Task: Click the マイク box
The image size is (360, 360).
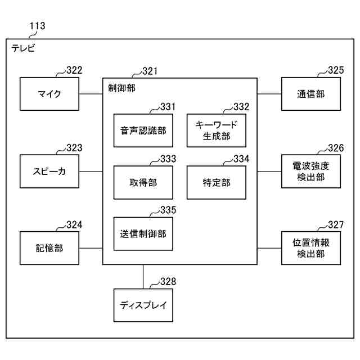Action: click(49, 94)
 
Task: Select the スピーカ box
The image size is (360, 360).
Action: click(49, 171)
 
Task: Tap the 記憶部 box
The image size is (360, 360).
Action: click(49, 247)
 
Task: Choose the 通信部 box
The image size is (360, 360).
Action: click(310, 94)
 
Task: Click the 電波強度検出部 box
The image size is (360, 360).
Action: click(310, 171)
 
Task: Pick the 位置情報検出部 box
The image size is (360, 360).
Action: click(310, 247)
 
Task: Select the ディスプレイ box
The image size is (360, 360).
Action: click(143, 305)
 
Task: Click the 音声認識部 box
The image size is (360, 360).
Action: click(143, 131)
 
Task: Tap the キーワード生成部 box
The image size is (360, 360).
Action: click(217, 131)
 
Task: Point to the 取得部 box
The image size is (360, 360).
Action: click(143, 182)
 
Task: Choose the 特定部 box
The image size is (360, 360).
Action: click(217, 182)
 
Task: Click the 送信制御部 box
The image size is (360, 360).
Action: click(143, 233)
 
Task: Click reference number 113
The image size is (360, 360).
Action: click(37, 26)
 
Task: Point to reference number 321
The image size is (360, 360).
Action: click(150, 71)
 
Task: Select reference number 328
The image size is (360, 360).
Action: click(168, 282)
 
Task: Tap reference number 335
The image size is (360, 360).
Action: click(168, 210)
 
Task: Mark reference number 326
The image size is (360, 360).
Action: click(335, 148)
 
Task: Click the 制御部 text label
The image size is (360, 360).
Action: click(121, 88)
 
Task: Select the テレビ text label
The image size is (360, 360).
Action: click(23, 48)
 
